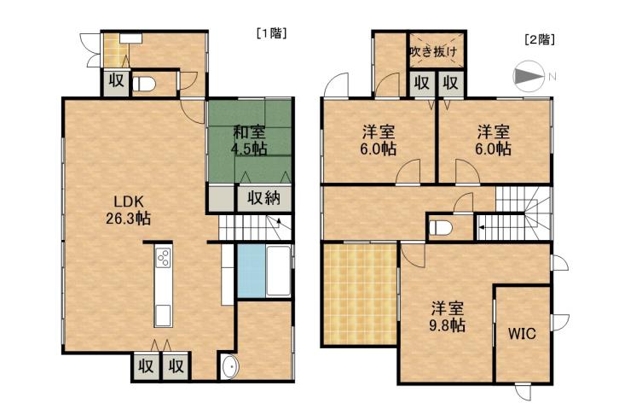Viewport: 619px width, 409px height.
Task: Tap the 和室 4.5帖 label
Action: click(x=248, y=140)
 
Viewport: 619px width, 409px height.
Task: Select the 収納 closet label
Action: click(x=264, y=198)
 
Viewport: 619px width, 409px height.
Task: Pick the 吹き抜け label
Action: click(x=433, y=52)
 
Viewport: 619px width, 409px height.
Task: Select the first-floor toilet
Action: click(x=146, y=84)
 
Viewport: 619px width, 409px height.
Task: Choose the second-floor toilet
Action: click(x=442, y=228)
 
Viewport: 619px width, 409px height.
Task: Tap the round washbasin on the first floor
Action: click(x=229, y=368)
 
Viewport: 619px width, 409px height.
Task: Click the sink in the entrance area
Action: click(x=129, y=38)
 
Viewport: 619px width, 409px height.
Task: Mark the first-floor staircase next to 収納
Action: click(x=255, y=227)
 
